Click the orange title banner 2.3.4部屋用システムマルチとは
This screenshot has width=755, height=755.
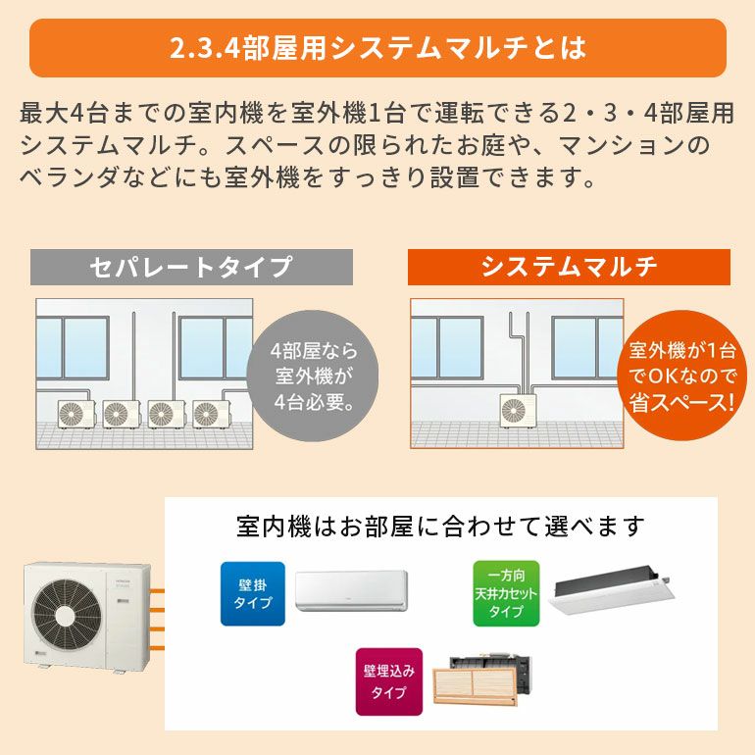377,48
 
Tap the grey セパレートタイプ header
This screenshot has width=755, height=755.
191,267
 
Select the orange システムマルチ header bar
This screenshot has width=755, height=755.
569,267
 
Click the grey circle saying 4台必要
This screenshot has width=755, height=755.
313,376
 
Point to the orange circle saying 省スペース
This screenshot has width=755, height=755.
681,376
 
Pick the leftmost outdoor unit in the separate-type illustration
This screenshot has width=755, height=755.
76,414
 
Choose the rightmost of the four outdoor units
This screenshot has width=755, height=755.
211,414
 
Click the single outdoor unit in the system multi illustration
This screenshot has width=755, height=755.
518,411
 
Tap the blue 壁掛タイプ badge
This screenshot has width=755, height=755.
253,593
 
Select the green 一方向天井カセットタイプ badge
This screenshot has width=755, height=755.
506,593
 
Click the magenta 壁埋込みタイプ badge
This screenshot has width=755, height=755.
389,681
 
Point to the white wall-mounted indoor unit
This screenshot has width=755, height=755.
351,591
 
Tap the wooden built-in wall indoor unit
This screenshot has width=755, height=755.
481,680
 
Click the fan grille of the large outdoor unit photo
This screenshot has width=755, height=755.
66,616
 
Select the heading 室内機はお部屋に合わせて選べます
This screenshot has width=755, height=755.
440,527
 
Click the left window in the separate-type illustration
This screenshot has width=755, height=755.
73,348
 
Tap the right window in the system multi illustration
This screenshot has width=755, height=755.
587,348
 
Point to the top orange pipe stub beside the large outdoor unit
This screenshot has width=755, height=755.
158,591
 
